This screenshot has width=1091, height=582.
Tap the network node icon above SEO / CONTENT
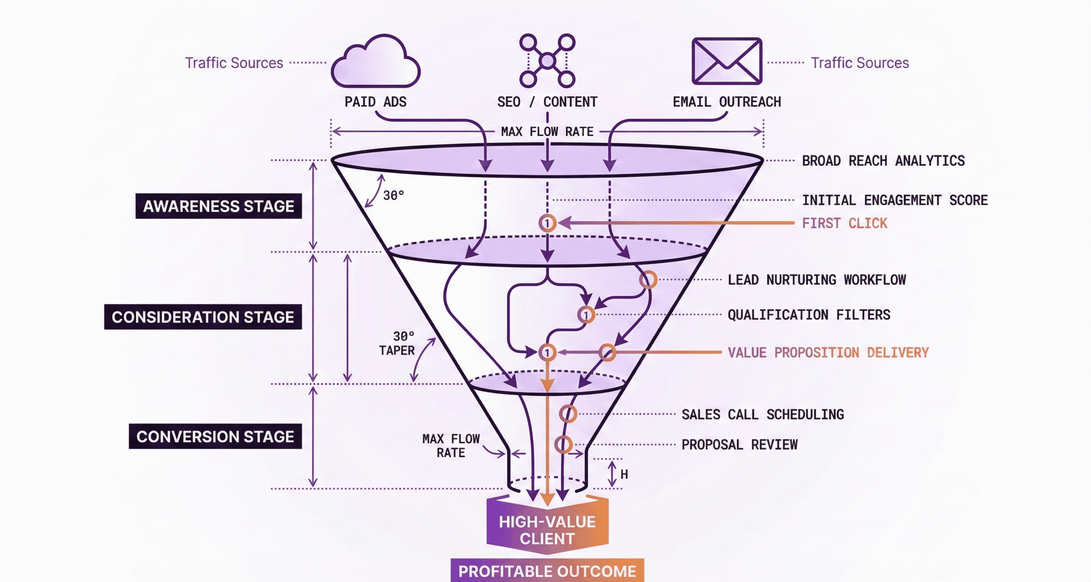[x=547, y=61]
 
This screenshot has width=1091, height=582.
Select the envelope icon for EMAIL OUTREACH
[x=727, y=61]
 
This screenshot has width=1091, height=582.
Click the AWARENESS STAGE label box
[x=219, y=206]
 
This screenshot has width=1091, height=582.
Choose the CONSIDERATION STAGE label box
[x=203, y=317]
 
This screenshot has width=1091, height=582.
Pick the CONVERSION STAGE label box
[x=215, y=436]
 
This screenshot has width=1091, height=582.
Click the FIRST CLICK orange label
[x=844, y=223]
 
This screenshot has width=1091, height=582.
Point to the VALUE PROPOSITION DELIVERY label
[x=828, y=353]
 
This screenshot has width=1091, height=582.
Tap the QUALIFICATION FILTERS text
[x=808, y=315]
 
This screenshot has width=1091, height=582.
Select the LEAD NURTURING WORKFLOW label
[x=817, y=280]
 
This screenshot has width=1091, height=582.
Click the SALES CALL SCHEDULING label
[x=762, y=414]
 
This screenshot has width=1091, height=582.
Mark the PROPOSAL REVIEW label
[x=739, y=444]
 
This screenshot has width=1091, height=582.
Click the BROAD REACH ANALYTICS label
[x=883, y=161]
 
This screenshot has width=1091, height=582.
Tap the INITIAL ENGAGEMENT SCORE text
[x=895, y=200]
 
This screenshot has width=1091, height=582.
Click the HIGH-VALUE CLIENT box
[x=547, y=530]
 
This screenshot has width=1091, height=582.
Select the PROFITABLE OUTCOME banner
[x=547, y=571]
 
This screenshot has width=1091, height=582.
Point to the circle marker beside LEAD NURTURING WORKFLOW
[x=648, y=280]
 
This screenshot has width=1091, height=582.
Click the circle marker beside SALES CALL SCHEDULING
[x=568, y=414]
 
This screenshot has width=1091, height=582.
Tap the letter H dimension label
[x=624, y=474]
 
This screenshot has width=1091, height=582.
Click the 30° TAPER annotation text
[x=398, y=344]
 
